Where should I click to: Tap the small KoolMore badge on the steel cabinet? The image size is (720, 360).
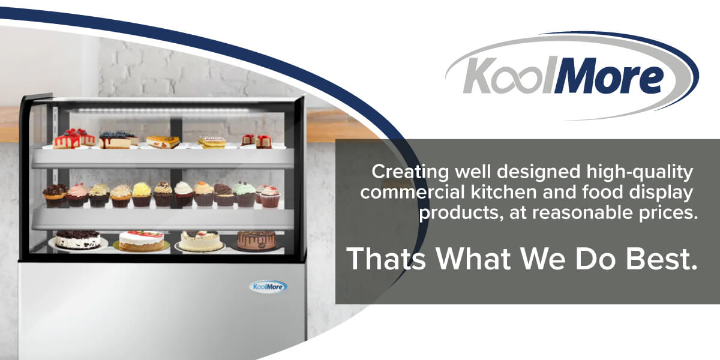[268, 286]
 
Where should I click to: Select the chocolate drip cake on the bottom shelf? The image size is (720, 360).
[256, 239]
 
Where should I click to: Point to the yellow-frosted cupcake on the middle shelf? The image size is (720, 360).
[142, 194]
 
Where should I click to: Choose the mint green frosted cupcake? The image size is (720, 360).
[245, 194]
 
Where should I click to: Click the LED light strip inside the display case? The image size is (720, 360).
[159, 110]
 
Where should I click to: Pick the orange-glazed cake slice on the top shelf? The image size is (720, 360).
[163, 142]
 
